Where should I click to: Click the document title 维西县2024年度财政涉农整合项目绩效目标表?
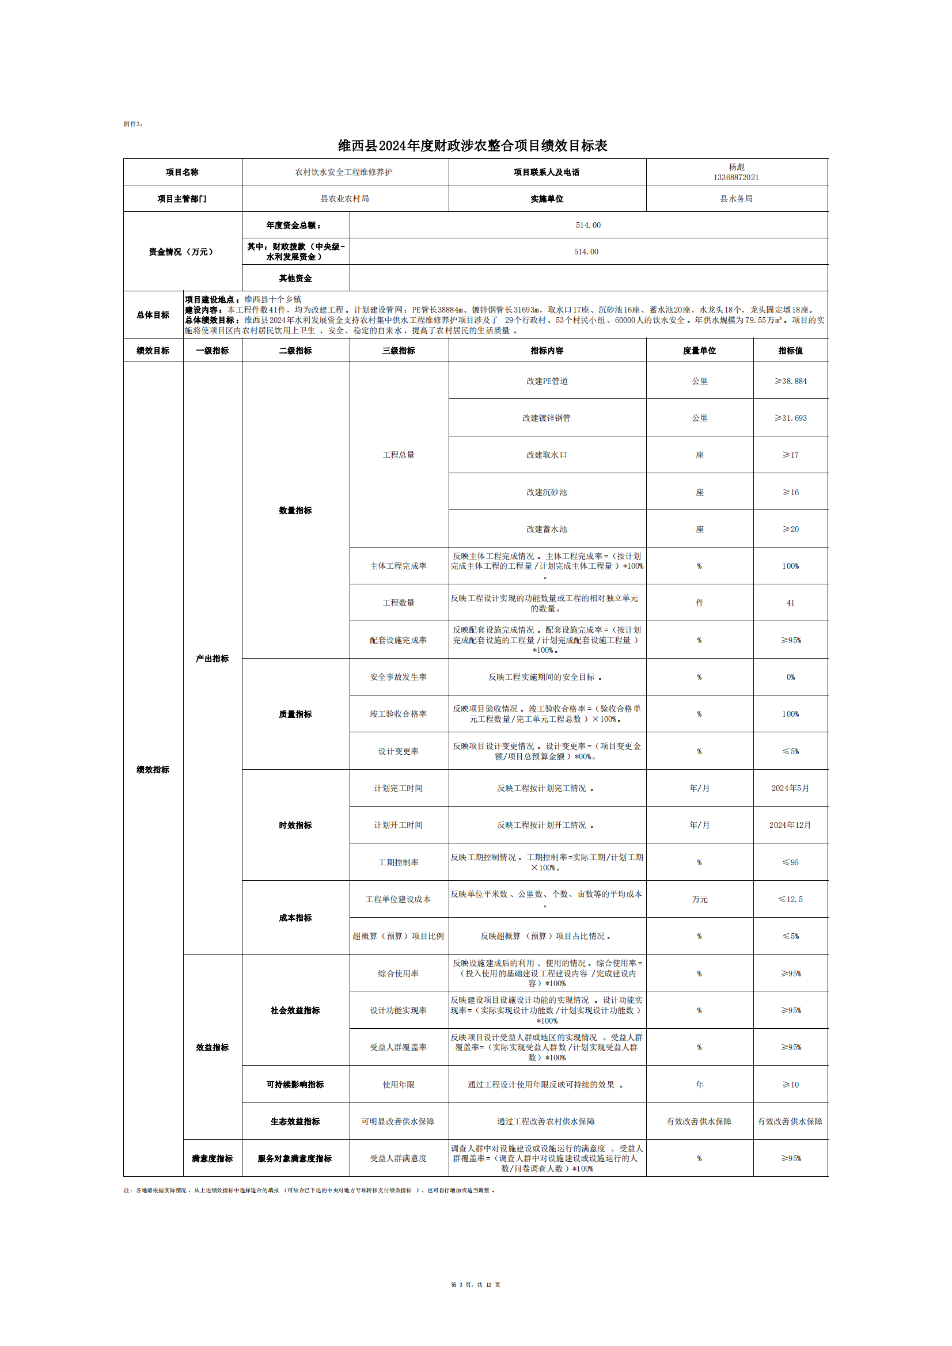point(472,146)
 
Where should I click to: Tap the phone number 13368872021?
point(736,178)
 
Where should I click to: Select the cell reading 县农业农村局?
point(345,199)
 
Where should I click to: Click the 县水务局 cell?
point(736,199)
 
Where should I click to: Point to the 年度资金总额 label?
point(294,225)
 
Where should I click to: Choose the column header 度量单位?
point(699,351)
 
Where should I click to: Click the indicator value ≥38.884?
point(790,381)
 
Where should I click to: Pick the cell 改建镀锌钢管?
point(547,418)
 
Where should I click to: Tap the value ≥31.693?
point(790,418)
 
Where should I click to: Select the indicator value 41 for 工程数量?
point(790,603)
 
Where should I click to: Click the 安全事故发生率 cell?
point(399,677)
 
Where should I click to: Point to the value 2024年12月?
point(790,825)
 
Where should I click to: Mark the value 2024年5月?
point(790,788)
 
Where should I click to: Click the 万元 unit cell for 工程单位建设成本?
point(699,899)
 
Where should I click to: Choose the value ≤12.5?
point(790,899)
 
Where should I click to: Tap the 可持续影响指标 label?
point(295,1085)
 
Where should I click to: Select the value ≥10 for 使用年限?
point(790,1085)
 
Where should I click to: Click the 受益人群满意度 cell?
point(399,1158)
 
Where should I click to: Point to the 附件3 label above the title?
point(132,124)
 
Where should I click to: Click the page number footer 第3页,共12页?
point(475,1284)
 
